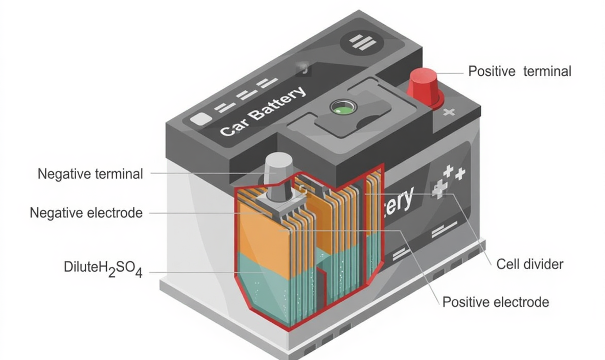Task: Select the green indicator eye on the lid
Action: coord(339,108)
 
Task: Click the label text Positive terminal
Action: coord(520,71)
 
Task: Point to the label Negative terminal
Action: coord(90,174)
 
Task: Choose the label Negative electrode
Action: coord(86,212)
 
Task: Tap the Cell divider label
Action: coord(530,264)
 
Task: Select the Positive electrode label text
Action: coord(496,302)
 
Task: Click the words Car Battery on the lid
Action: coord(263,111)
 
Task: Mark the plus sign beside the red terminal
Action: coord(449,112)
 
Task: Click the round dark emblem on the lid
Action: coord(363,42)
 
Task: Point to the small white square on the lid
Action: coord(199,119)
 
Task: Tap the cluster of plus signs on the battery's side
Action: coord(449,180)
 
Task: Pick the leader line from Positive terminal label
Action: coord(450,73)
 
